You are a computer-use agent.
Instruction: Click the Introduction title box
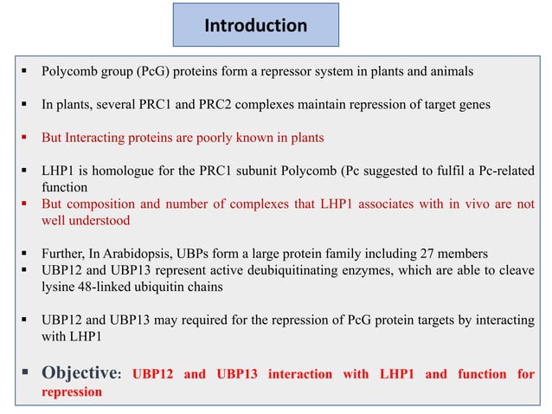(255, 25)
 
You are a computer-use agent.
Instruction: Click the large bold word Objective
(79, 373)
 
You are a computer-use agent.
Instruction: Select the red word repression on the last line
(72, 391)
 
